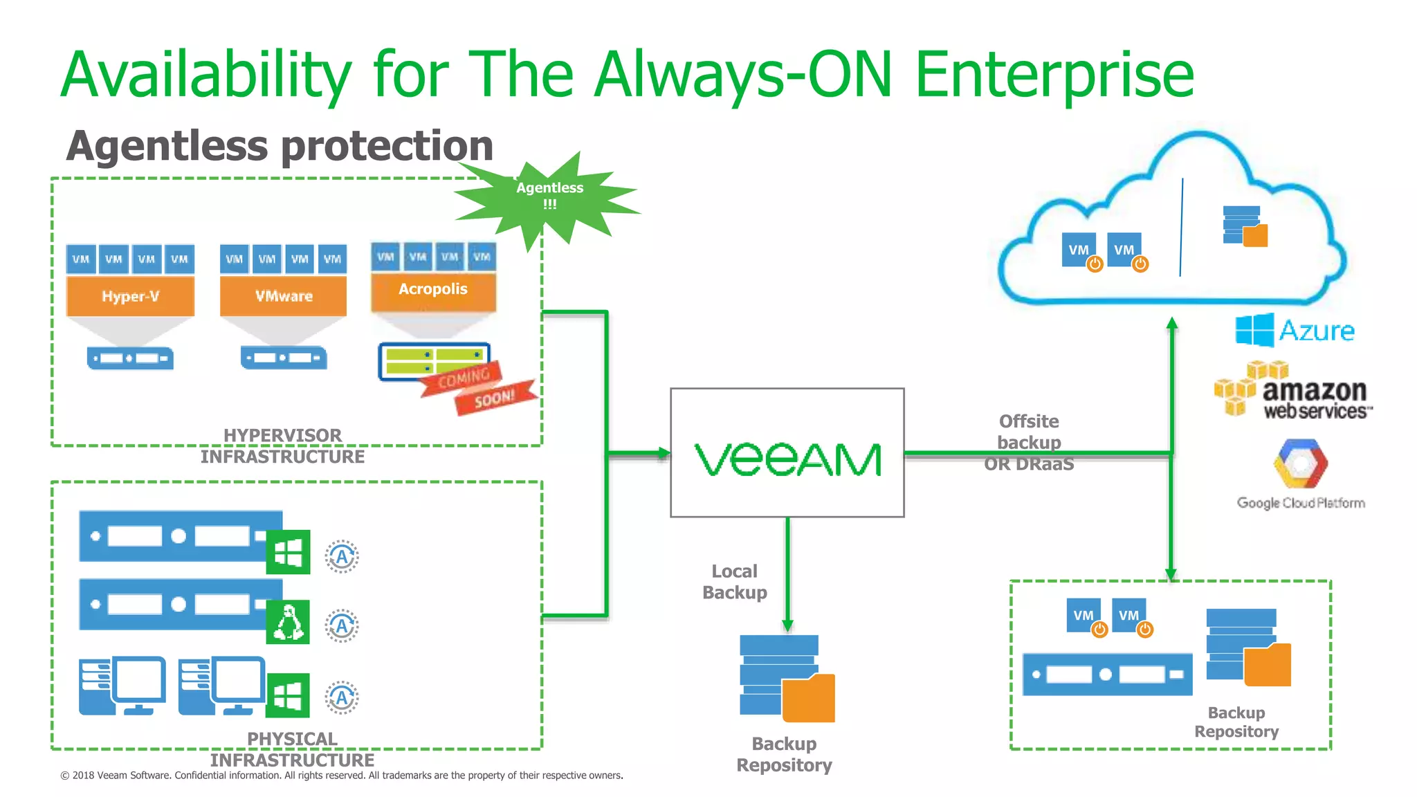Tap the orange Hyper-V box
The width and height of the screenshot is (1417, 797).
click(x=130, y=296)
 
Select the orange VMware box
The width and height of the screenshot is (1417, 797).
click(x=283, y=296)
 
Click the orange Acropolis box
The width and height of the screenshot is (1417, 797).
click(x=433, y=290)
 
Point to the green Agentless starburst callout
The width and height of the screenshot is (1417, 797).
click(x=549, y=196)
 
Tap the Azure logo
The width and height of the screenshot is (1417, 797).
click(x=1295, y=330)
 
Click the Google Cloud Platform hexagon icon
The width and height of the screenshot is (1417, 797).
click(x=1300, y=464)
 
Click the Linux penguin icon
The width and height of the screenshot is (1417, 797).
click(x=288, y=622)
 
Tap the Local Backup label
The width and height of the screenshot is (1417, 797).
click(x=735, y=582)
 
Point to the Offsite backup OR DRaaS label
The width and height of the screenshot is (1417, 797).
click(x=1029, y=442)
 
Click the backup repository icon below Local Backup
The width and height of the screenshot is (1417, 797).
click(x=787, y=678)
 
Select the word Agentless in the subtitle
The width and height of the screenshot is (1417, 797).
click(x=167, y=146)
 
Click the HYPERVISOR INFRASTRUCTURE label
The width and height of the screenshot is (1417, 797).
click(x=282, y=446)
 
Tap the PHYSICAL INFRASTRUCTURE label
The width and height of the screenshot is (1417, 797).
click(x=292, y=749)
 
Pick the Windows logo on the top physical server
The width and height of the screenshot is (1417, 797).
click(x=288, y=552)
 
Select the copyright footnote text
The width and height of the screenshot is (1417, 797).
click(x=342, y=776)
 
